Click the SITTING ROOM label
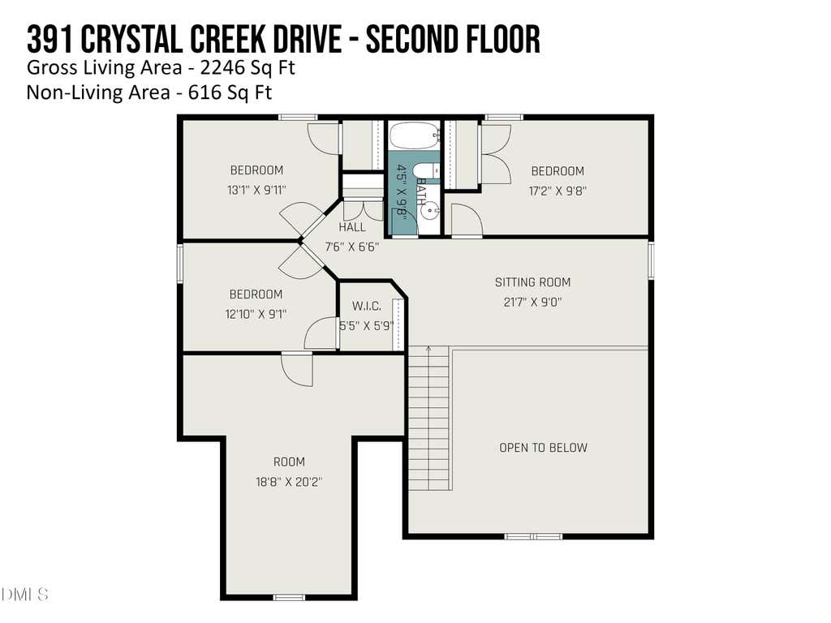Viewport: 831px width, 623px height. click(532, 282)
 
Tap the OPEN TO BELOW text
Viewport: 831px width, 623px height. click(543, 448)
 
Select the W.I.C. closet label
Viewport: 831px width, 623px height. click(367, 306)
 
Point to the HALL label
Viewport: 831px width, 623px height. click(352, 227)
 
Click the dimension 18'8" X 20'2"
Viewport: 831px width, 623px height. click(289, 482)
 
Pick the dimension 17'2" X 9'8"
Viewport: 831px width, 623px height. click(558, 191)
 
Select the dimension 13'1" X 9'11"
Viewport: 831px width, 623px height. click(256, 190)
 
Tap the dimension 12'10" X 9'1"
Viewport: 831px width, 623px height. click(256, 314)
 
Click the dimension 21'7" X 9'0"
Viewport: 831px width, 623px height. click(532, 302)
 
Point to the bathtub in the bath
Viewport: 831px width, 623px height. click(415, 135)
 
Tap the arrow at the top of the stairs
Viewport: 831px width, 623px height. click(428, 349)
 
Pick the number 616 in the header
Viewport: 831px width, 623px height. click(205, 92)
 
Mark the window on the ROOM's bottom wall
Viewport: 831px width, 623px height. click(289, 598)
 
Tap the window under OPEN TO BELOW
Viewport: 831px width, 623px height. click(533, 537)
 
